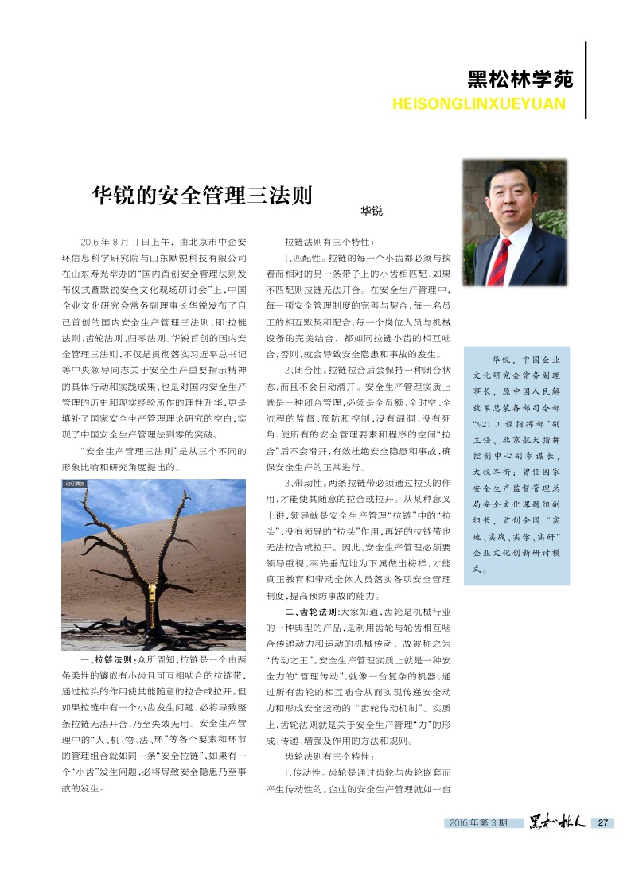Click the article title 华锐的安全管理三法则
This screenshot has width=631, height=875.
coord(201,196)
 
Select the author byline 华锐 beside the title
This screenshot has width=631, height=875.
coord(371,211)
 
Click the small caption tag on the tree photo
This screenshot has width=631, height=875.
coord(74,484)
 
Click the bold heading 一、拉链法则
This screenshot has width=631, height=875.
coord(107,660)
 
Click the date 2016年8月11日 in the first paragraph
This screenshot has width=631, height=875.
coord(118,242)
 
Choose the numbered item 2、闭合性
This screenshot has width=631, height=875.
coord(305,371)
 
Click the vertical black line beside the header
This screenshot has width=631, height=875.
coord(586,80)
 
